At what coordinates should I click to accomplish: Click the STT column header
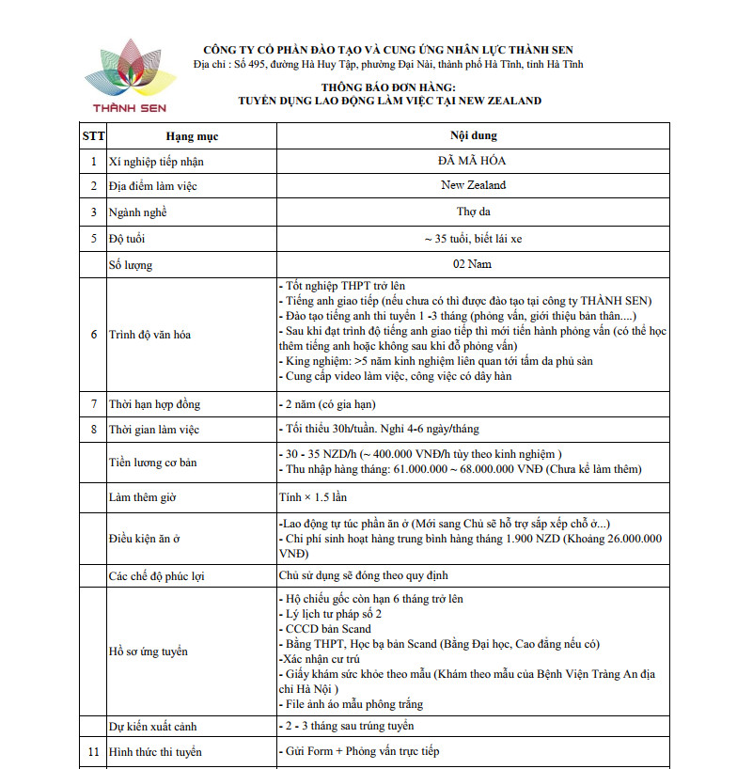[x=93, y=136]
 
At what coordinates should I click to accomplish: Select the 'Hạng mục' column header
[x=192, y=136]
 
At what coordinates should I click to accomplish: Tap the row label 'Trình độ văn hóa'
[x=151, y=334]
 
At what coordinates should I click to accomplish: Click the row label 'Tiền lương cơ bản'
[x=155, y=462]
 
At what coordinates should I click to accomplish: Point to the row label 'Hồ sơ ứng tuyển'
[x=149, y=651]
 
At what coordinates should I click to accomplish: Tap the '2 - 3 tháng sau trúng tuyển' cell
[x=347, y=726]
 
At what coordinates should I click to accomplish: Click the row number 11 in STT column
[x=93, y=751]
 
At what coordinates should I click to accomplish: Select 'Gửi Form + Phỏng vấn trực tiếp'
[x=358, y=751]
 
